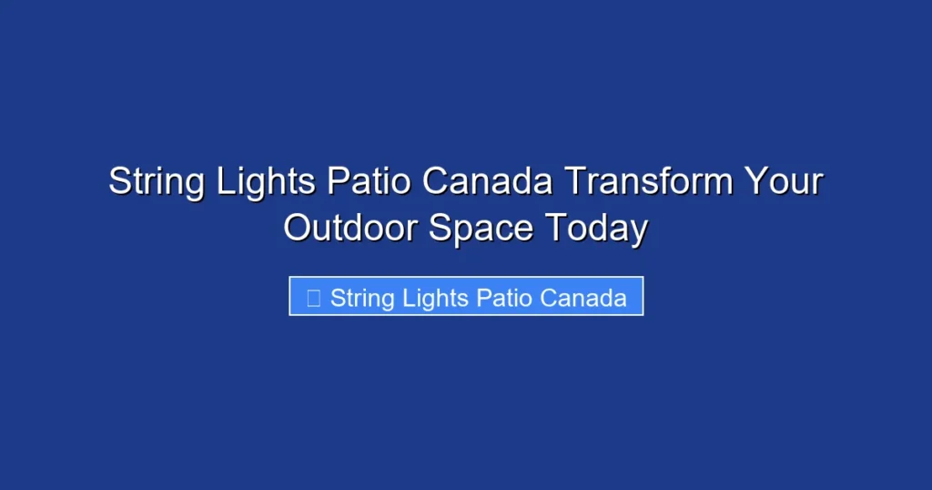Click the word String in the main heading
(157, 182)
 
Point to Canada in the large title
(489, 181)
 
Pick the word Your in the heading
(784, 181)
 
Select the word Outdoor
(351, 228)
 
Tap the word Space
(482, 228)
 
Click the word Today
(597, 228)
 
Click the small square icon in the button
(313, 298)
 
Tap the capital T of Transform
(573, 181)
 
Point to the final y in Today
(639, 230)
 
